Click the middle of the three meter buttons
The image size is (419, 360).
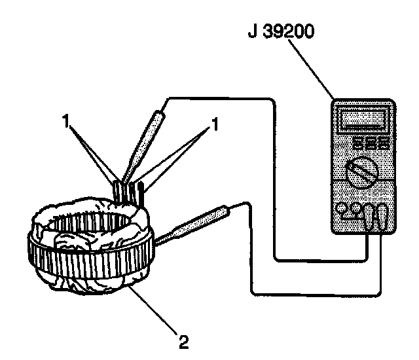click(369, 143)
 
